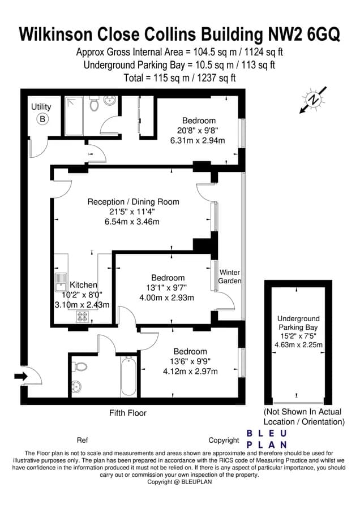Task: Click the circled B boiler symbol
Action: pos(42,119)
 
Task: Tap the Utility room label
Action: pos(41,107)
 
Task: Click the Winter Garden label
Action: pos(230,276)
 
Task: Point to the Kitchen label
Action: pos(83,285)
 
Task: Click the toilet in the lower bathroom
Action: pos(80,366)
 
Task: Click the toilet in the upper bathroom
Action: pos(95,104)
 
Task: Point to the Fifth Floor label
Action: pos(128,413)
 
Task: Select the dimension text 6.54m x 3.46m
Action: pos(132,221)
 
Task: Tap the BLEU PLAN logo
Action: pos(267,439)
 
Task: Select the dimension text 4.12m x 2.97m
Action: pos(190,371)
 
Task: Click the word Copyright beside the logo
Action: pos(224,440)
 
